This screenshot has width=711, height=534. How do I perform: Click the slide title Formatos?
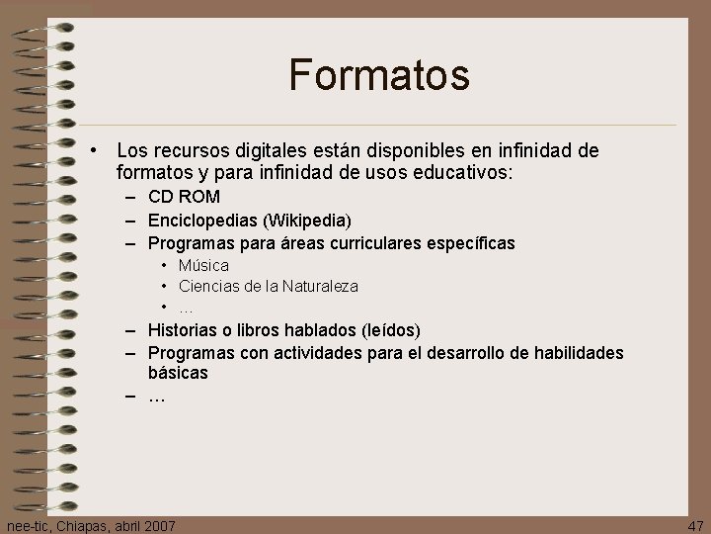pyautogui.click(x=378, y=75)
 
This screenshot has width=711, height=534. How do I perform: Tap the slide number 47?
pyautogui.click(x=695, y=525)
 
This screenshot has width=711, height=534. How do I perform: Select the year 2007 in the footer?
pyautogui.click(x=158, y=525)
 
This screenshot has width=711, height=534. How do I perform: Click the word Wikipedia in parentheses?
pyautogui.click(x=306, y=220)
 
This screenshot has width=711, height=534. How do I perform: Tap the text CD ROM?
pyautogui.click(x=184, y=197)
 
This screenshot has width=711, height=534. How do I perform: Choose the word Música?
pyautogui.click(x=203, y=265)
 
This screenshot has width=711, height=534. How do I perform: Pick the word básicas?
pyautogui.click(x=178, y=373)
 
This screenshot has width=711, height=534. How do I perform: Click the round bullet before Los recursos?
pyautogui.click(x=91, y=151)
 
